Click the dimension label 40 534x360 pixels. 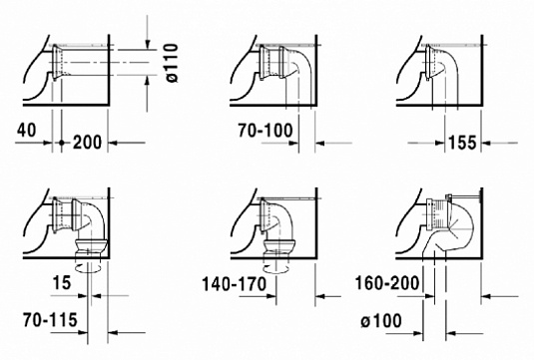click(26, 131)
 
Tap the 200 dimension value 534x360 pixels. click(87, 143)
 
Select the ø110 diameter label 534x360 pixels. click(171, 63)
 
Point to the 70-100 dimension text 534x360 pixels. click(266, 131)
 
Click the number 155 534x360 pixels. click(462, 143)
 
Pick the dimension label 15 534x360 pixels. click(62, 283)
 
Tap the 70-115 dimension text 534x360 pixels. click(50, 320)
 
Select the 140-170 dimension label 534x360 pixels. click(235, 284)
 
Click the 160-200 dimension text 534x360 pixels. click(387, 283)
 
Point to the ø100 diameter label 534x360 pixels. click(381, 321)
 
